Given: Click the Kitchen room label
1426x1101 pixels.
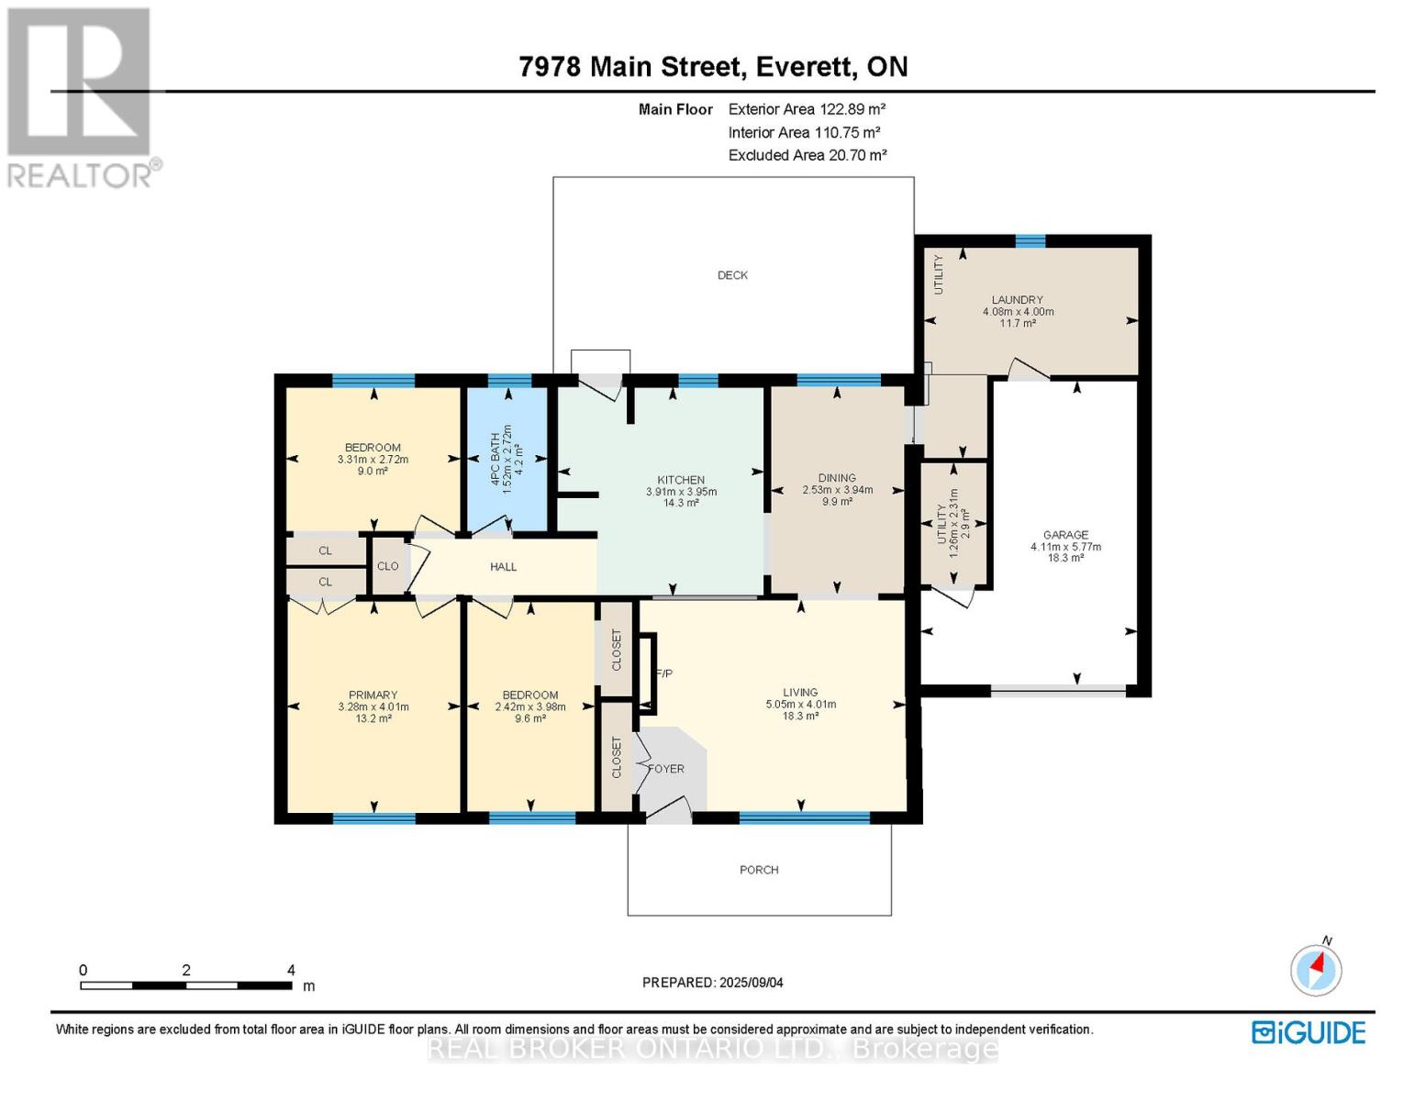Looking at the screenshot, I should pyautogui.click(x=680, y=480).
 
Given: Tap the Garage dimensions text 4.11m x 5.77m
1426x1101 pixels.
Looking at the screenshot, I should pyautogui.click(x=1065, y=547).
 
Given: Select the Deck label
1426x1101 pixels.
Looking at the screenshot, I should pyautogui.click(x=732, y=275).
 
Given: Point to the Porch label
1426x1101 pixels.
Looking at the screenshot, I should pyautogui.click(x=759, y=870).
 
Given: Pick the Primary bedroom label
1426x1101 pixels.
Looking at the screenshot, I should pyautogui.click(x=373, y=695).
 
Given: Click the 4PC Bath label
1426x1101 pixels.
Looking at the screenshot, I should pyautogui.click(x=496, y=455).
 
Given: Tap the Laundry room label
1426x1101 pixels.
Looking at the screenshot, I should pyautogui.click(x=1017, y=300).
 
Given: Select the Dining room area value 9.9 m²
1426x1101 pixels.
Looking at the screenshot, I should pyautogui.click(x=837, y=502).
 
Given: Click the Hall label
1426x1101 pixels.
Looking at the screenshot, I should pyautogui.click(x=503, y=567).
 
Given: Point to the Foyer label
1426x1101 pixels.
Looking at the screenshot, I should pyautogui.click(x=667, y=769).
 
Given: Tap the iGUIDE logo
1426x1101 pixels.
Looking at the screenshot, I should pyautogui.click(x=1309, y=1032).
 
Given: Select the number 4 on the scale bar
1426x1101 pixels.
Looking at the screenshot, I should pyautogui.click(x=291, y=971).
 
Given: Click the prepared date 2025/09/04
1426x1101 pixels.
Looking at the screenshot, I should pyautogui.click(x=752, y=983).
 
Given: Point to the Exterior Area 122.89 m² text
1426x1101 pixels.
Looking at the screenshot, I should pyautogui.click(x=807, y=109).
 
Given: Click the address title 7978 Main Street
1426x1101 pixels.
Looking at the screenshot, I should pyautogui.click(x=629, y=67).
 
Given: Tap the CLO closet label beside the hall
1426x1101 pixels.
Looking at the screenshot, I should pyautogui.click(x=387, y=567).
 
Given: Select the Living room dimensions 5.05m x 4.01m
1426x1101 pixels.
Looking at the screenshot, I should pyautogui.click(x=800, y=705).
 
